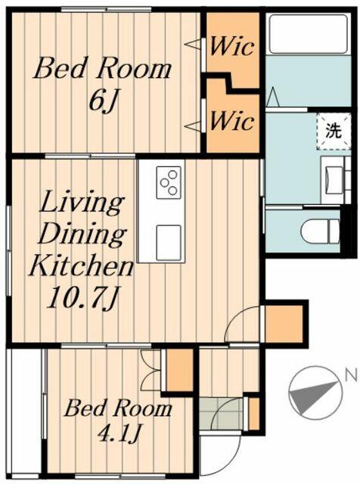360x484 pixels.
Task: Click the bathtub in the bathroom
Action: (x=309, y=34)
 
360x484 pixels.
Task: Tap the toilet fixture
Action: (x=320, y=231)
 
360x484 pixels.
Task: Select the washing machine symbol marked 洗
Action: (x=334, y=132)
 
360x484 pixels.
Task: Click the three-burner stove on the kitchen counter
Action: (x=169, y=182)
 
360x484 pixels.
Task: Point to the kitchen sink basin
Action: (x=169, y=242)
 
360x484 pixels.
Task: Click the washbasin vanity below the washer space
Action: (x=336, y=180)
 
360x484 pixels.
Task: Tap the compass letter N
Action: (x=349, y=376)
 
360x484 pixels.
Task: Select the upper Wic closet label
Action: (x=232, y=46)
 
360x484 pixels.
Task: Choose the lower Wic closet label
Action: (x=232, y=121)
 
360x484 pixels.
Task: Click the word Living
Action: (x=82, y=201)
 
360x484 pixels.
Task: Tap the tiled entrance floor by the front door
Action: (x=221, y=414)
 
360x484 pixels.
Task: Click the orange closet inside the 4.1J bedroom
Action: (x=180, y=371)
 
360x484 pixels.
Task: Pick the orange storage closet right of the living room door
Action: (x=284, y=324)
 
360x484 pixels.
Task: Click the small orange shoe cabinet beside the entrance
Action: (x=254, y=414)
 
